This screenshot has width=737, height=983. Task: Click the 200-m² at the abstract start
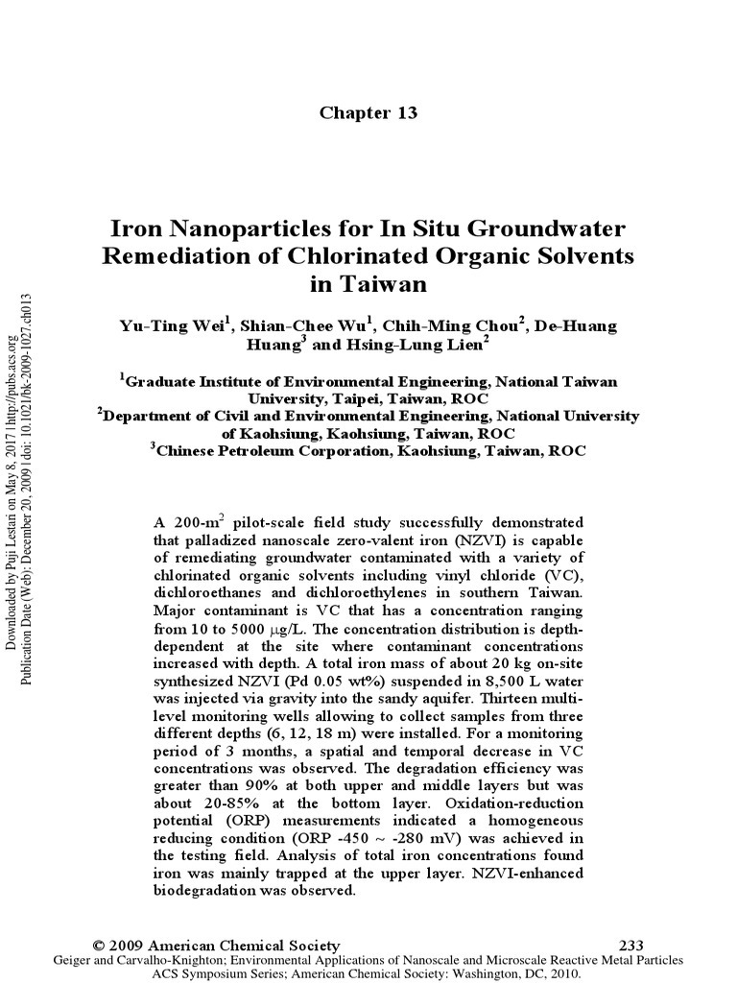(196, 523)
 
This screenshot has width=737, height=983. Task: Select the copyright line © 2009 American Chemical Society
(213, 946)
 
